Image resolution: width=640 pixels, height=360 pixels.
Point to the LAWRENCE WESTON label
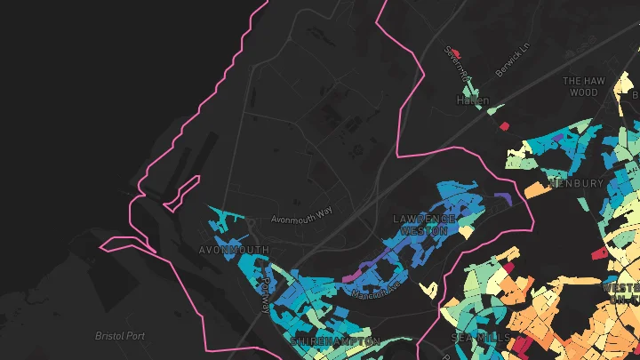[424, 224]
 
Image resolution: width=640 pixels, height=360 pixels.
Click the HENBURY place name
[577, 184]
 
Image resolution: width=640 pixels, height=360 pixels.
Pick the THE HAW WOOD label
[584, 86]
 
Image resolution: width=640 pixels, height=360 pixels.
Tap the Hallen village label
[473, 101]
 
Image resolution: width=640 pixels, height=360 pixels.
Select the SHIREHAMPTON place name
[334, 341]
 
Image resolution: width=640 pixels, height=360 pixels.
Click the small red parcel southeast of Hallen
[502, 114]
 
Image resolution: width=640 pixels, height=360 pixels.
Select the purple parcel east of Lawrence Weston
[501, 196]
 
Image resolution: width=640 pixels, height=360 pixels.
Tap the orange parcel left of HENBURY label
[536, 189]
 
